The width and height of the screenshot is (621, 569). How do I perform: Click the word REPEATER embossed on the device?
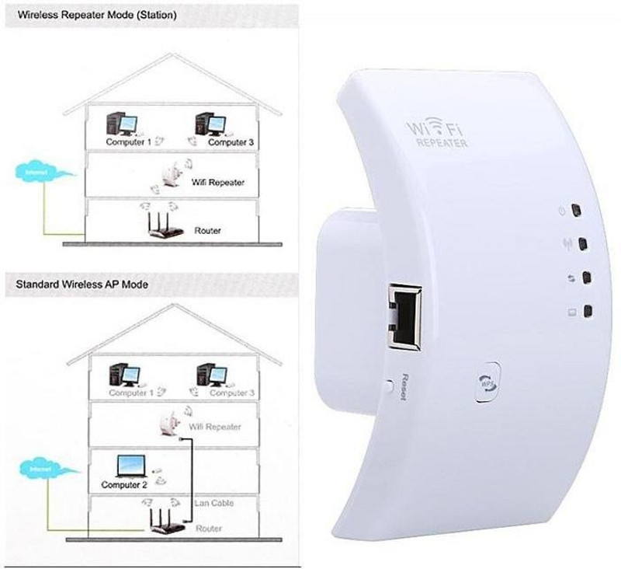442,144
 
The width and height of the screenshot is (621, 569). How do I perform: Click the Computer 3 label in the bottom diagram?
231,393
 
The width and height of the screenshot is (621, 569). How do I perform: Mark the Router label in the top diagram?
207,231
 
